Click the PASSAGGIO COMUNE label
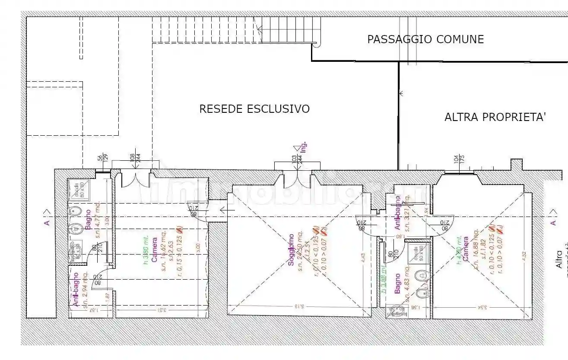click(x=425, y=39)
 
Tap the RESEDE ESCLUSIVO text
click(x=254, y=109)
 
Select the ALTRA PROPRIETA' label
click(x=495, y=117)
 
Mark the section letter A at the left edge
click(x=47, y=223)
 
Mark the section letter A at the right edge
click(x=553, y=223)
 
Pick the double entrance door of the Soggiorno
click(x=297, y=180)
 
